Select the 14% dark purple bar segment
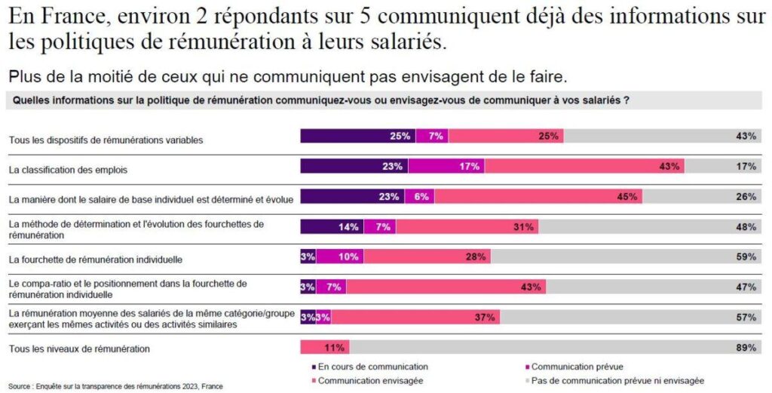tap(332, 226)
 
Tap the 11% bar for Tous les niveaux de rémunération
tap(324, 348)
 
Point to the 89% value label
tap(746, 348)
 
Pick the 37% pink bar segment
tap(415, 318)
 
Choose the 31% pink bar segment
tap(467, 226)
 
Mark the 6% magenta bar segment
tap(419, 196)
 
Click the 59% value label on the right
tap(746, 257)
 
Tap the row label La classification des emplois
tap(68, 170)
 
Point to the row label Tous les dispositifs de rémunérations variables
tap(106, 140)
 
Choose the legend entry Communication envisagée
tap(369, 380)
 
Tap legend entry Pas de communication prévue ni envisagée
tap(616, 380)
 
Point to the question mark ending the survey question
tap(626, 100)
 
